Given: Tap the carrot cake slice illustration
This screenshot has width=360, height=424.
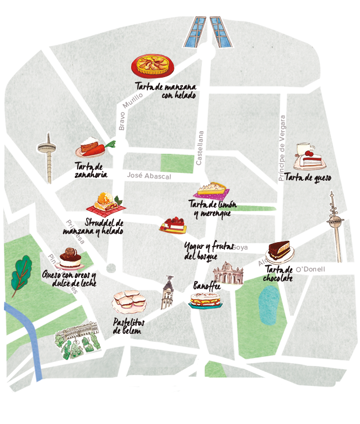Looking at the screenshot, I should pos(92,148).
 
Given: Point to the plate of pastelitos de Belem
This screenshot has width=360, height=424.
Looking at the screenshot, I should pos(130,301).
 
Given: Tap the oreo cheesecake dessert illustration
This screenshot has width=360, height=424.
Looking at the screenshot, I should pos(70,259).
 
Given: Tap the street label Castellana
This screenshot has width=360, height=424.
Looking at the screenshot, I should pos(199,148).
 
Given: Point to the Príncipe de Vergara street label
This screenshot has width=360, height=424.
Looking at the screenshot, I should pos(282,148).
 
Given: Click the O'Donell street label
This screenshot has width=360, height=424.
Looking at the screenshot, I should pos(310,269).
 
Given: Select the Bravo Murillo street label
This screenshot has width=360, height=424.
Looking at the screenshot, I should pos(128,110).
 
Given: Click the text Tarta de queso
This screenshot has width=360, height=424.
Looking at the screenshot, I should pos(308,177).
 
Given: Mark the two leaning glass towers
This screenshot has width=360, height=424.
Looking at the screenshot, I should pos(208,33).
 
